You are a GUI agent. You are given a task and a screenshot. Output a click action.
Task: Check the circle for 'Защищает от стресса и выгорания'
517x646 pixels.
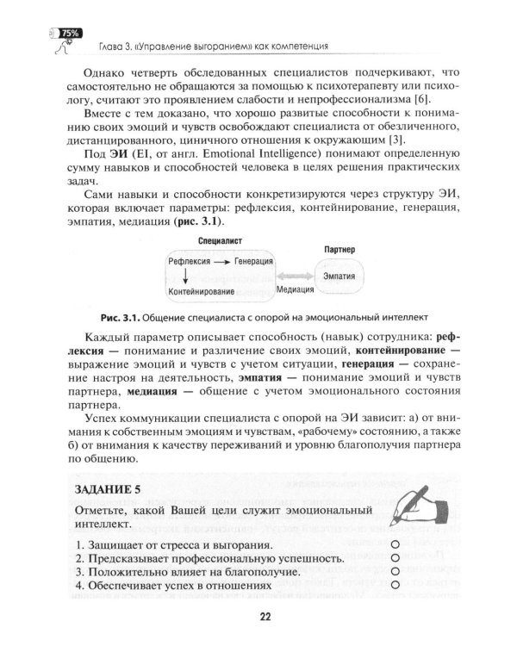click(395, 545)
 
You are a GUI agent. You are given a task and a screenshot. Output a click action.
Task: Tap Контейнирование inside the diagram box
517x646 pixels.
click(202, 292)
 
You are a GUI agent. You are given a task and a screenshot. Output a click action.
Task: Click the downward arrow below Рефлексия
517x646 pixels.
click(185, 276)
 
